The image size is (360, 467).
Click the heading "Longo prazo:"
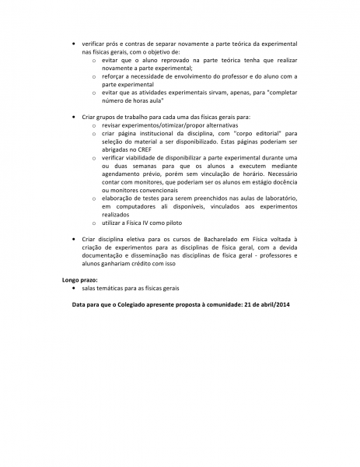[80, 279]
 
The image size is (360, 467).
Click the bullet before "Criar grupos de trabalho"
[73, 116]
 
